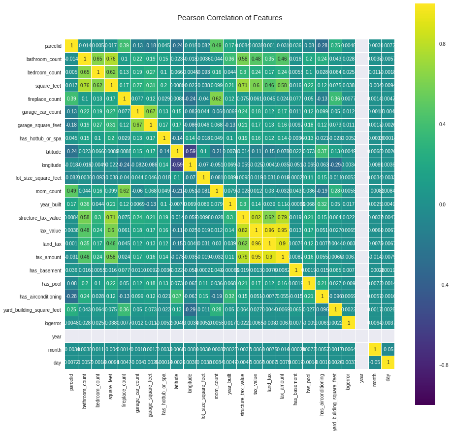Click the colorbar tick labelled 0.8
coord(442,43)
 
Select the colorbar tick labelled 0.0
coord(442,204)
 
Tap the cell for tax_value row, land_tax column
coord(270,231)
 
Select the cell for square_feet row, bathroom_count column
coord(85,86)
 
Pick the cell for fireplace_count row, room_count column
coord(217,99)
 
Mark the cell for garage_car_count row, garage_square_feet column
coord(151,112)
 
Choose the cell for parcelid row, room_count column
coord(217,46)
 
